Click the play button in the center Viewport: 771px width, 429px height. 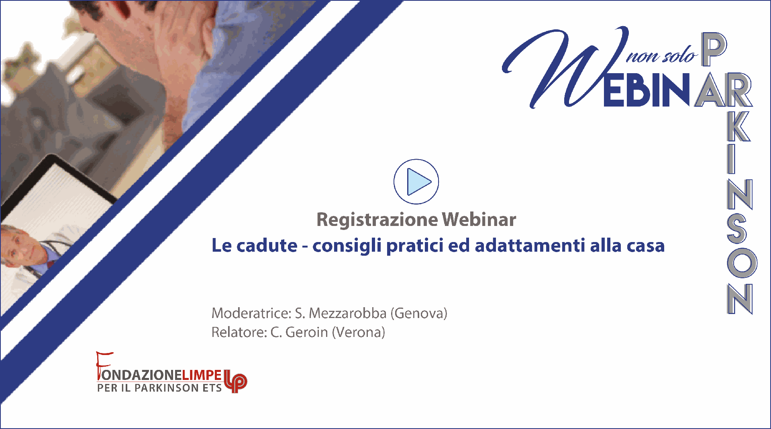coord(416,182)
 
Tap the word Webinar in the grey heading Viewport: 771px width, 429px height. coord(479,220)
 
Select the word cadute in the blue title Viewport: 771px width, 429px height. coord(267,245)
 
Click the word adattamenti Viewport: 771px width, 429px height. coord(530,245)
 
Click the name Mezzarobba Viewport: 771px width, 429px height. coord(347,313)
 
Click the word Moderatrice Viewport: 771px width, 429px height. coord(251,313)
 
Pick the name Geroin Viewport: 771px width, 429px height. coord(307,333)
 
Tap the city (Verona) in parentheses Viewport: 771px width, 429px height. coord(359,333)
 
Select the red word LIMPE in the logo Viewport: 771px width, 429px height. coord(202,375)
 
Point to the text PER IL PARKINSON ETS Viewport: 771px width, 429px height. coord(159,388)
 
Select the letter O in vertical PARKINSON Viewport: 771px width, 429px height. coord(742,263)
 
